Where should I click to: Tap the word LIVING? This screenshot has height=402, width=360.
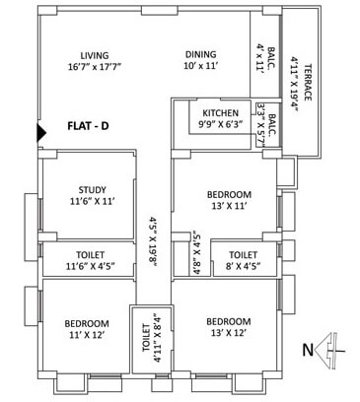click(94, 55)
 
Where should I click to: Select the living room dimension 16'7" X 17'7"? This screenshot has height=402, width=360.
click(94, 68)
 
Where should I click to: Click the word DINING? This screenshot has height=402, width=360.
click(201, 55)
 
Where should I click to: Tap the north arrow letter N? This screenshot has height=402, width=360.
click(307, 348)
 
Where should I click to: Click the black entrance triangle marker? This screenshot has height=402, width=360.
click(40, 132)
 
